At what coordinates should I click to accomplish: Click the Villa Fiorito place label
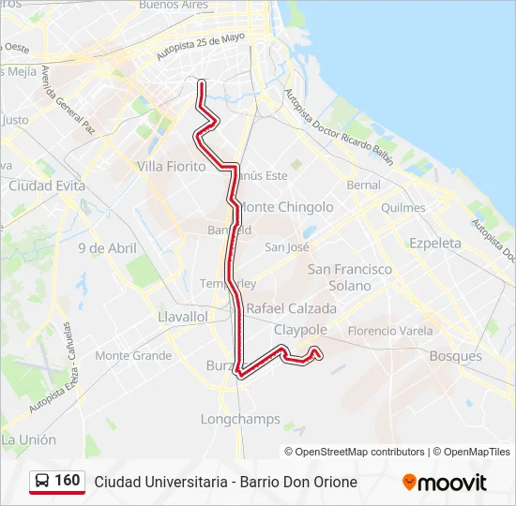[x=171, y=166]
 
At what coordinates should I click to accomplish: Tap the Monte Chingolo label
[x=287, y=206]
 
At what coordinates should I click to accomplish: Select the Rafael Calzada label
[x=291, y=308]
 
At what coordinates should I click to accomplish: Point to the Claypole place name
[x=300, y=330]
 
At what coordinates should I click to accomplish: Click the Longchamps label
[x=240, y=419]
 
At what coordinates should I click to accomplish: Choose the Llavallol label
[x=183, y=317]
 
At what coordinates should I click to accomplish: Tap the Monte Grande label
[x=133, y=356]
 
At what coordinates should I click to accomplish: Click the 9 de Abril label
[x=107, y=248]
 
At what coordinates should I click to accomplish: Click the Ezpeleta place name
[x=435, y=243]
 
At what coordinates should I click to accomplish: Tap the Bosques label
[x=455, y=356]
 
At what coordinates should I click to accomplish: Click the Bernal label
[x=364, y=185]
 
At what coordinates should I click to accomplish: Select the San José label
[x=287, y=247]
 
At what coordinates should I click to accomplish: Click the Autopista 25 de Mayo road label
[x=200, y=47]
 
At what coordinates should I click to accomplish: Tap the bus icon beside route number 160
[x=42, y=482]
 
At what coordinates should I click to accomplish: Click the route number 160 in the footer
[x=68, y=481]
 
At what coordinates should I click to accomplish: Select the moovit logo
[x=445, y=483]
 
